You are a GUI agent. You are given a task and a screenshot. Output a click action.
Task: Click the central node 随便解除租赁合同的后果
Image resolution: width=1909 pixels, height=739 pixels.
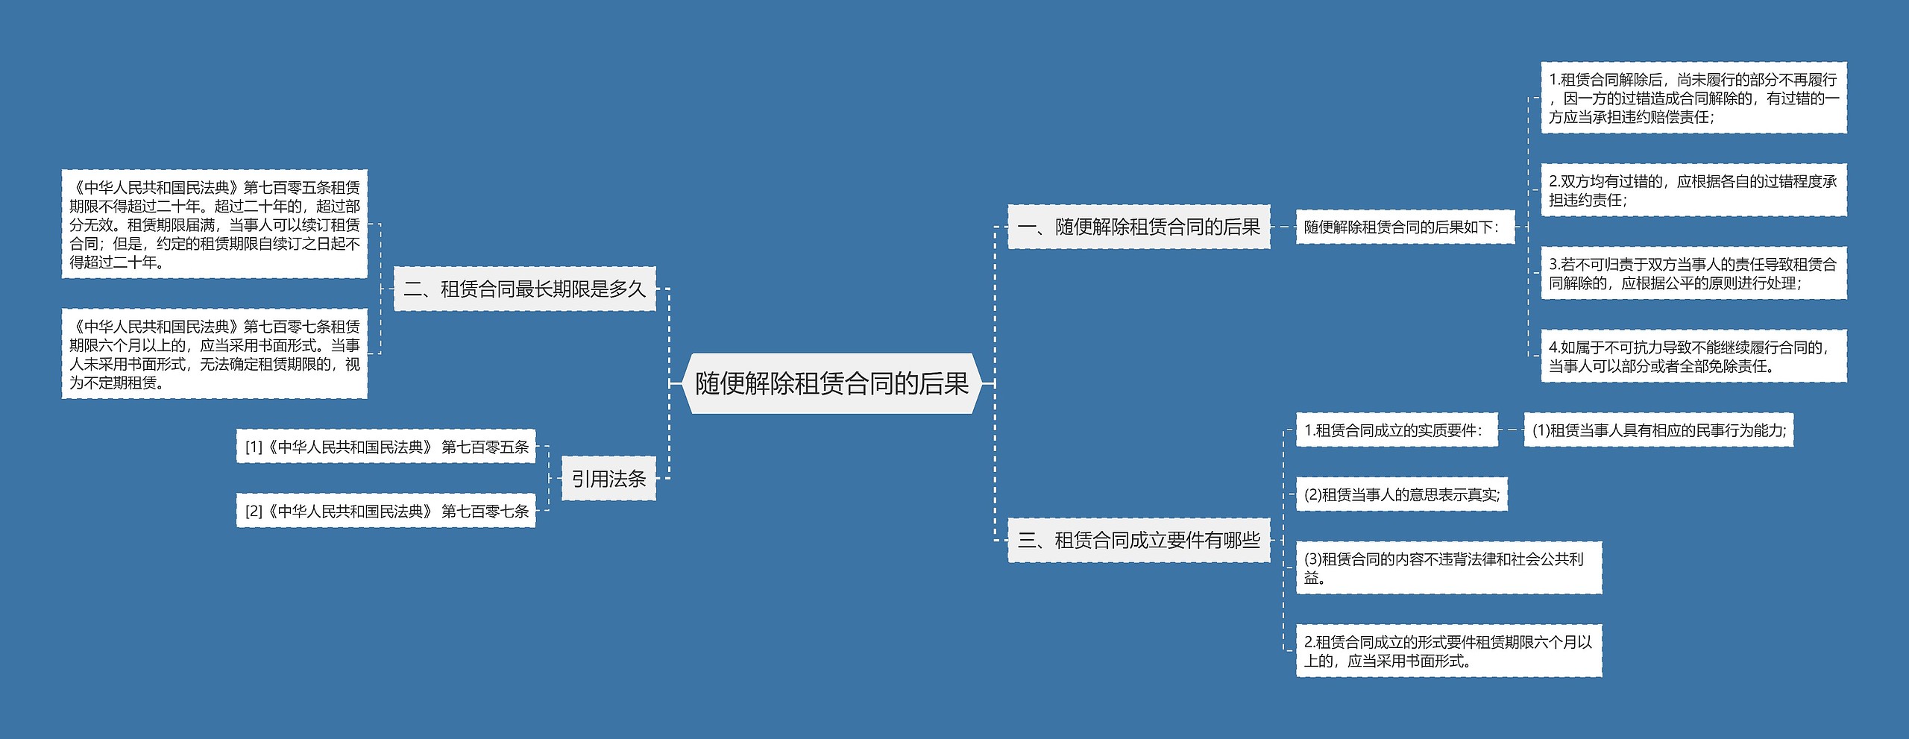coord(831,383)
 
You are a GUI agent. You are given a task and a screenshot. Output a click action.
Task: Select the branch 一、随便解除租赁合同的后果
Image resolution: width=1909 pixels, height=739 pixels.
coord(1139,227)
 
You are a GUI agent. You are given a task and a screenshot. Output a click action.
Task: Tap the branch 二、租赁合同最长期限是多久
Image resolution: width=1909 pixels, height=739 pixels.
coord(524,289)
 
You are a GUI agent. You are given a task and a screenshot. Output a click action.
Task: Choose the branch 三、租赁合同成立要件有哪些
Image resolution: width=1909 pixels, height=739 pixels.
coord(1139,540)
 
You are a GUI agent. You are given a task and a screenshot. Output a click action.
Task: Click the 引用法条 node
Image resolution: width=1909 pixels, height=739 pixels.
coord(608,478)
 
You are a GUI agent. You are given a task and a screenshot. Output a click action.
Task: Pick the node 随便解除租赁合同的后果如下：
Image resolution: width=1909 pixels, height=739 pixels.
coord(1405,227)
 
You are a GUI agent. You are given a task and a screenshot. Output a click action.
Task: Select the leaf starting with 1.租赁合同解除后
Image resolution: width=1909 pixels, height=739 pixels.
coord(1693,98)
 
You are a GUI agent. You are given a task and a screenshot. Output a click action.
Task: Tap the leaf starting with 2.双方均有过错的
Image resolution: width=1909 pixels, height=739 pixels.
coord(1693,190)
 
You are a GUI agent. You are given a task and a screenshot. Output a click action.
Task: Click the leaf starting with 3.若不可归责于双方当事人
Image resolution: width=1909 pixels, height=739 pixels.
coord(1693,273)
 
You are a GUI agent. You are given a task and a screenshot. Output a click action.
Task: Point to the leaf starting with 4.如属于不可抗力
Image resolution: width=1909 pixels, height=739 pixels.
coord(1693,356)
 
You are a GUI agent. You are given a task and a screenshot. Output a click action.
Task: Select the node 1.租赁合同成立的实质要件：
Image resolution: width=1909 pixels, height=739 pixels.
coord(1396,430)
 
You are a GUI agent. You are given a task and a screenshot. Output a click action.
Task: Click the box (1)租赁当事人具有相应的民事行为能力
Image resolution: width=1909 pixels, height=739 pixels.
coord(1658,430)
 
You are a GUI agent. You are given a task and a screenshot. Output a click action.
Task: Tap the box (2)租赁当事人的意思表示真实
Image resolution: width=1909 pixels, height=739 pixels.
coord(1402,494)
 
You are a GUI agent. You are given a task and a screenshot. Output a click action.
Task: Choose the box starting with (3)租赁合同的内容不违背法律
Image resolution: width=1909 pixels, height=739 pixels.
coord(1448,567)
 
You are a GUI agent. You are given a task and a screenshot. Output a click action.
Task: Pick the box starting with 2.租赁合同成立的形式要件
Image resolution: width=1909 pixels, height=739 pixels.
coord(1448,651)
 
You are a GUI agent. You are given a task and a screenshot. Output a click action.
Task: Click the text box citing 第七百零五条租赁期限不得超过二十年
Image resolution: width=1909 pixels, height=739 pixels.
coord(215,224)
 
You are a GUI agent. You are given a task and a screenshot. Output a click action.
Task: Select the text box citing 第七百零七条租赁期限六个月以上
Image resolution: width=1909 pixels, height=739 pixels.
coord(215,353)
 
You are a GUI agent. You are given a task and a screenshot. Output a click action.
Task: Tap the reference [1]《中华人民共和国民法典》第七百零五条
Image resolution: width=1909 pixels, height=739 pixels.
coord(386,446)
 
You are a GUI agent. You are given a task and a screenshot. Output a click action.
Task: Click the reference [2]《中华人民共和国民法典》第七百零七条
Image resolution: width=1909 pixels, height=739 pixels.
coord(386,510)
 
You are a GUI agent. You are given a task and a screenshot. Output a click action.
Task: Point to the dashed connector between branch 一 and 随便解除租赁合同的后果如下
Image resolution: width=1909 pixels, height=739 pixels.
coord(1283,227)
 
